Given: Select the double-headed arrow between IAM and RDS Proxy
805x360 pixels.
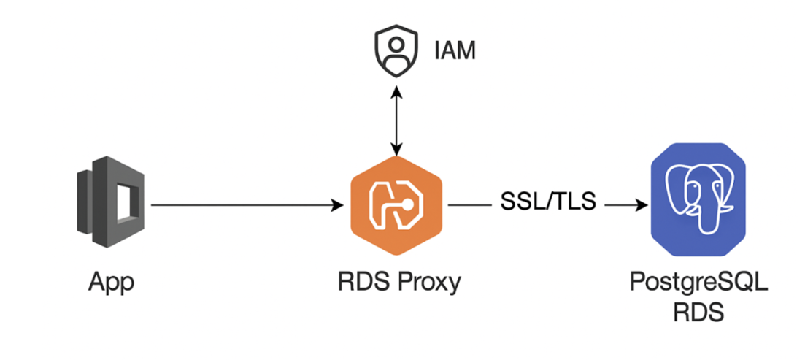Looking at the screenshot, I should point(396,120).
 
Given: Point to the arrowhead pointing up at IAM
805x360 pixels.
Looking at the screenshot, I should point(396,91).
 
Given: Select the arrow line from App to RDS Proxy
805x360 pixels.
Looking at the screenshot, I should point(241,206).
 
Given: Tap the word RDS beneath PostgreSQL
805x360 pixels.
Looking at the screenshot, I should point(698,313).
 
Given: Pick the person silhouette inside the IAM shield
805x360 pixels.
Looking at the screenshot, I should point(395,51).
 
